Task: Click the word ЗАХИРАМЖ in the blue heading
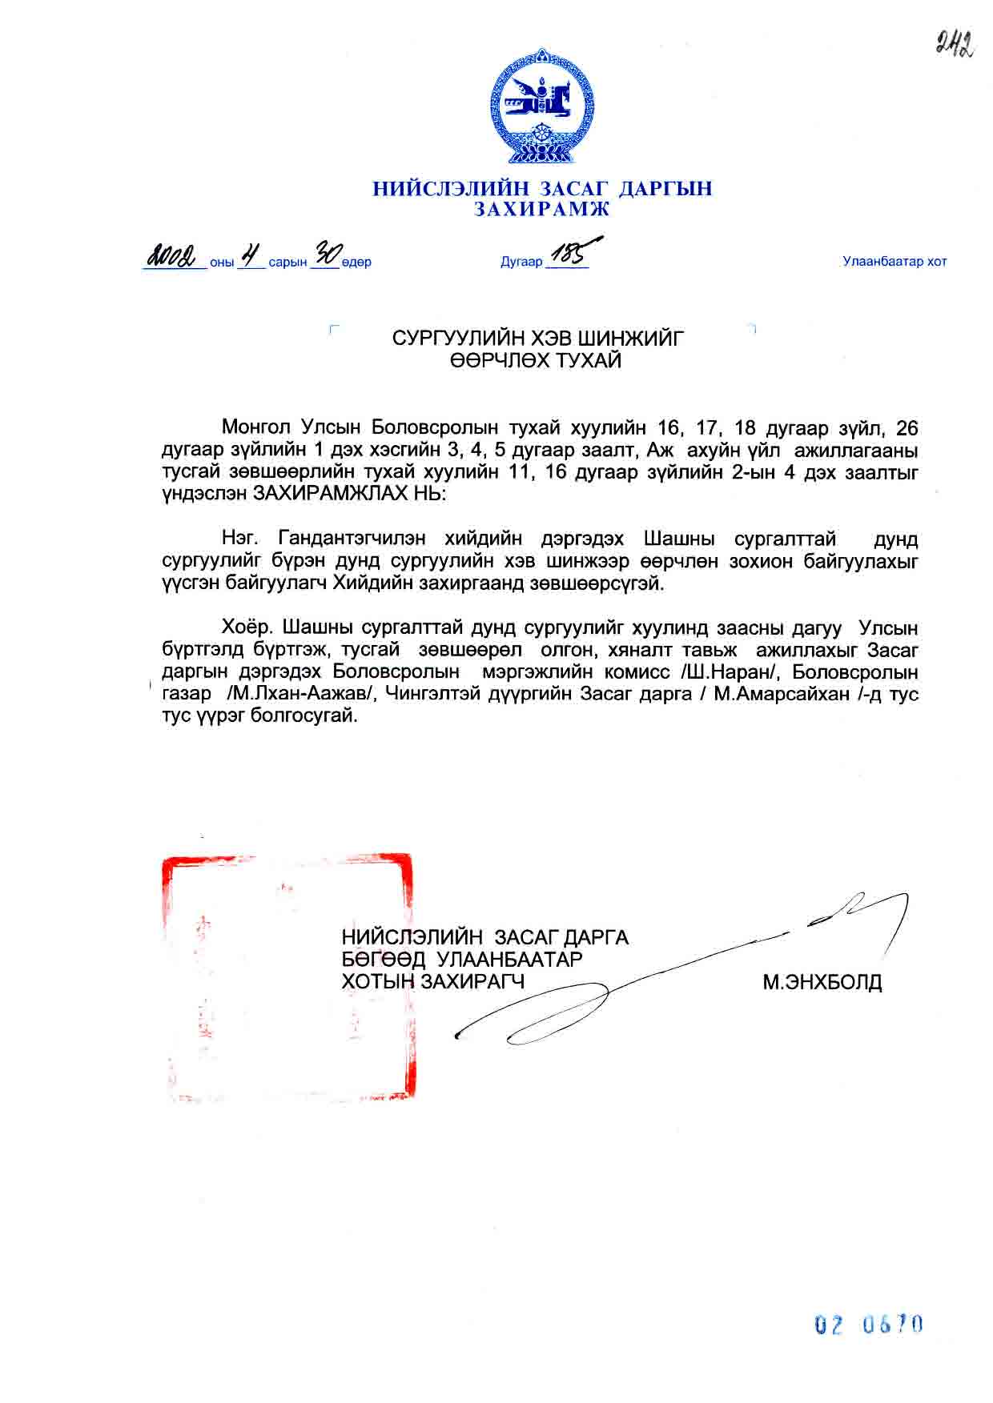tap(541, 210)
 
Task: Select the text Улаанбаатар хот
tap(895, 262)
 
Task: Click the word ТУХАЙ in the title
tap(582, 361)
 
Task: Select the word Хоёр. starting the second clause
tap(249, 627)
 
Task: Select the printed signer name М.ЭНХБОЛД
tap(822, 982)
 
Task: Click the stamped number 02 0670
tap(869, 1325)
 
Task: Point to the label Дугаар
tap(521, 262)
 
